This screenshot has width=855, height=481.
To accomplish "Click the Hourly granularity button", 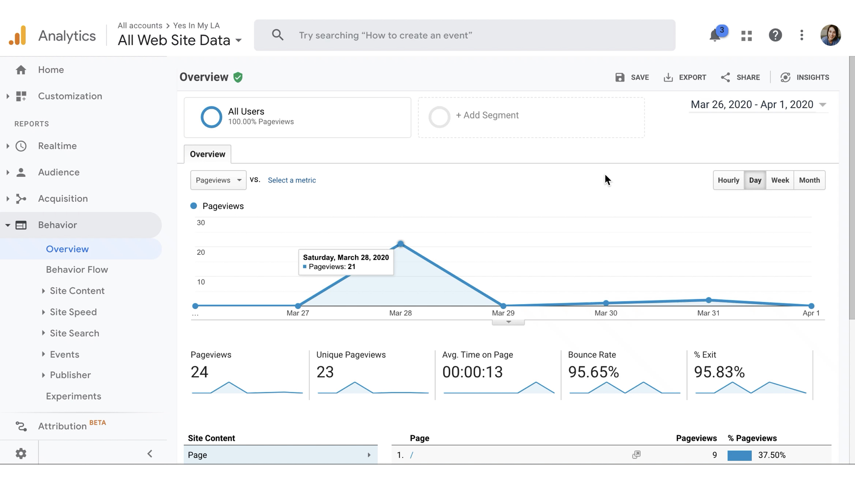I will (728, 180).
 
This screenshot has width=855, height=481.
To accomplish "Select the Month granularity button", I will (809, 180).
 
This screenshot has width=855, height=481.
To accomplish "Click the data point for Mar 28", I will (401, 244).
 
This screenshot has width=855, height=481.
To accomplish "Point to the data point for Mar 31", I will (708, 300).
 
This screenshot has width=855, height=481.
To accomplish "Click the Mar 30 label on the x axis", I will (606, 313).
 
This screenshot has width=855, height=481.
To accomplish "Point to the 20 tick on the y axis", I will (201, 253).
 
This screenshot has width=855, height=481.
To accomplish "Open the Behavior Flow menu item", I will (77, 269).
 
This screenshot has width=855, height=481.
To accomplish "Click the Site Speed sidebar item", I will (73, 312).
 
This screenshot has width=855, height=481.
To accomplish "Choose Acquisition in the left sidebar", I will (63, 199).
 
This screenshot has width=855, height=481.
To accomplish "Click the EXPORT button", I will (685, 77).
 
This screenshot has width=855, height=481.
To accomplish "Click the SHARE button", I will (741, 77).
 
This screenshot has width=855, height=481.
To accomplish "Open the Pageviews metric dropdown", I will (218, 180).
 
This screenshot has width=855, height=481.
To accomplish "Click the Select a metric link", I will (292, 180).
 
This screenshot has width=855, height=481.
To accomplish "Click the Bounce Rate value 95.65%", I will (593, 372).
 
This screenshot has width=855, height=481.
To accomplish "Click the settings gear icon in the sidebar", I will (21, 453).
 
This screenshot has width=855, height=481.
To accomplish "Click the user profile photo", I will (831, 35).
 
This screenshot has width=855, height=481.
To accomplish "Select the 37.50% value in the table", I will (772, 455).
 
